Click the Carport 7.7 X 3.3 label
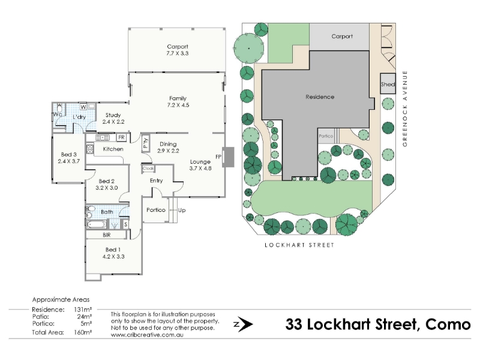(x=178, y=50)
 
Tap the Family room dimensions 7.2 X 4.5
(x=178, y=105)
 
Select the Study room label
(x=113, y=115)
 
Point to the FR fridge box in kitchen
(x=122, y=137)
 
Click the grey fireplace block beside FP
(x=228, y=157)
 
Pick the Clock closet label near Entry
(x=148, y=169)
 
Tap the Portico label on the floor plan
(x=156, y=210)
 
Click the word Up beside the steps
(x=182, y=211)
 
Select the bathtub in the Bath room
(x=97, y=224)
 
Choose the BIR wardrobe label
(x=107, y=235)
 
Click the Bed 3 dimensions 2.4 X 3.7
(x=68, y=161)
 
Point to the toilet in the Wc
(x=59, y=109)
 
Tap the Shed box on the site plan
(x=388, y=83)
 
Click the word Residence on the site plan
(x=320, y=97)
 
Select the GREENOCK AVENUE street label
(x=405, y=109)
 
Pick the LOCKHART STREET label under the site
(x=299, y=245)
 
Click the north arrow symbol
(x=244, y=325)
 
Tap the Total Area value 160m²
(x=83, y=332)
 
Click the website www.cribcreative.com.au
(x=147, y=335)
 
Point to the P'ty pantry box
(x=145, y=143)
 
